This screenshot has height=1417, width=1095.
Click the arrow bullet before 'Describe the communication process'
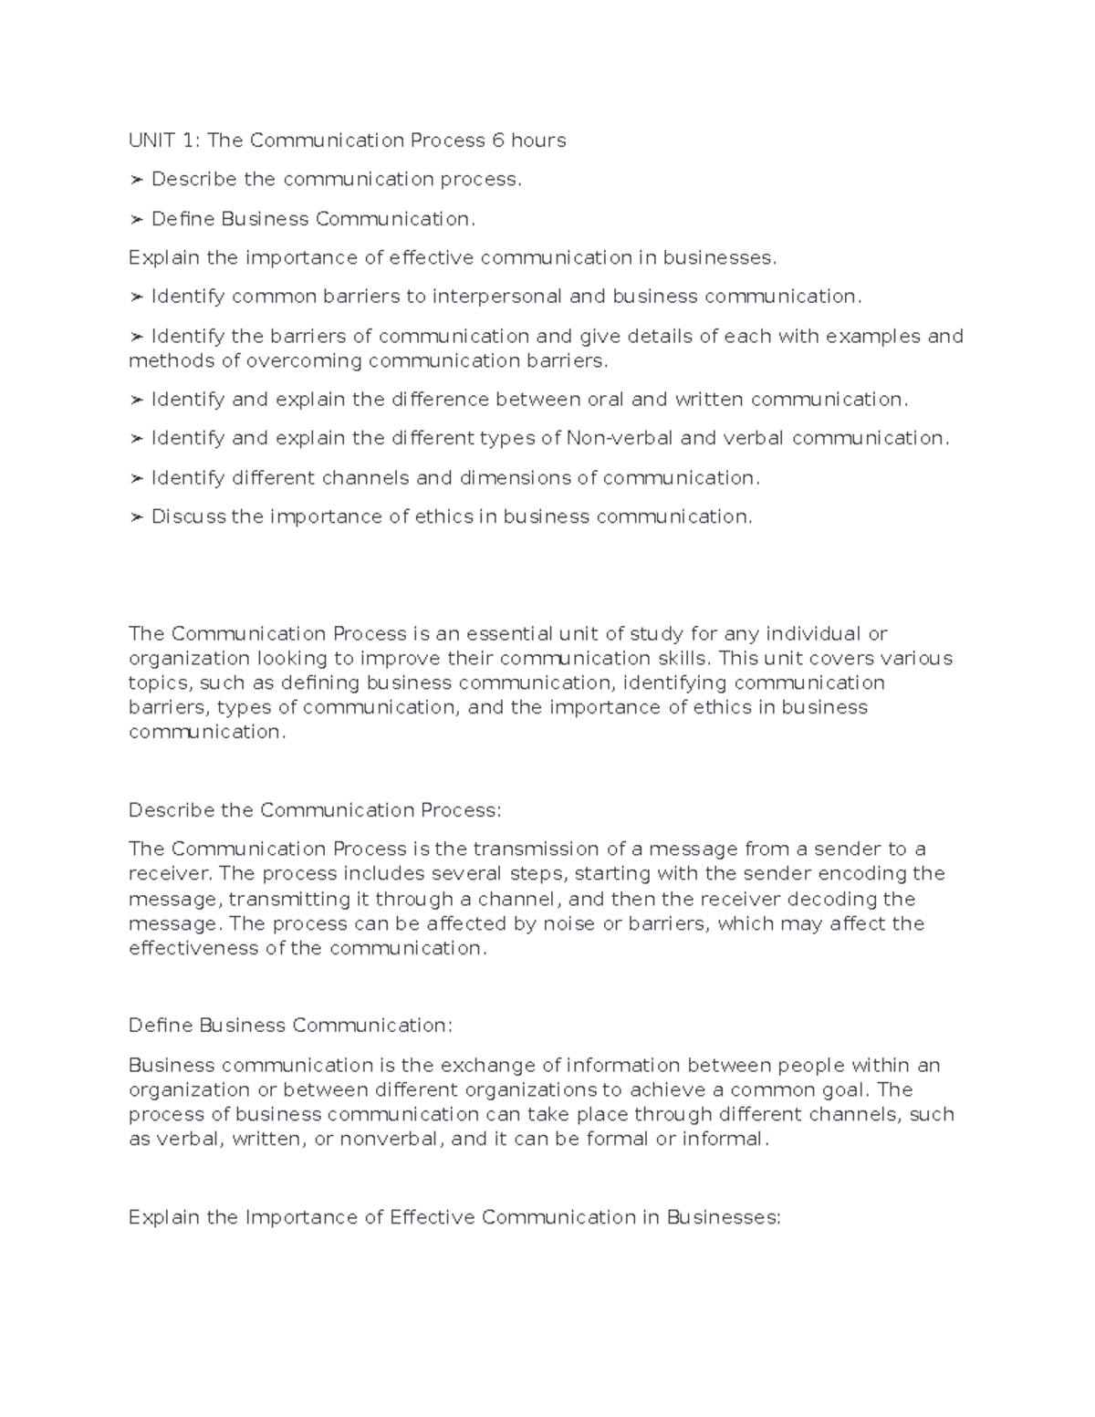point(136,180)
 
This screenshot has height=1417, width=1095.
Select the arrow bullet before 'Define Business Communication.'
point(136,219)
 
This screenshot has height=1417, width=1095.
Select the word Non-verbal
point(620,438)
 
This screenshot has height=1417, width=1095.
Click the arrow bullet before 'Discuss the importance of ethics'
point(136,517)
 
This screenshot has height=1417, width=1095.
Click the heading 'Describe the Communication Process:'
point(315,810)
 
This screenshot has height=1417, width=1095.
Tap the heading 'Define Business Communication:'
point(290,1026)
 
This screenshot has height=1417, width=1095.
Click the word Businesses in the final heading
point(724,1217)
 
